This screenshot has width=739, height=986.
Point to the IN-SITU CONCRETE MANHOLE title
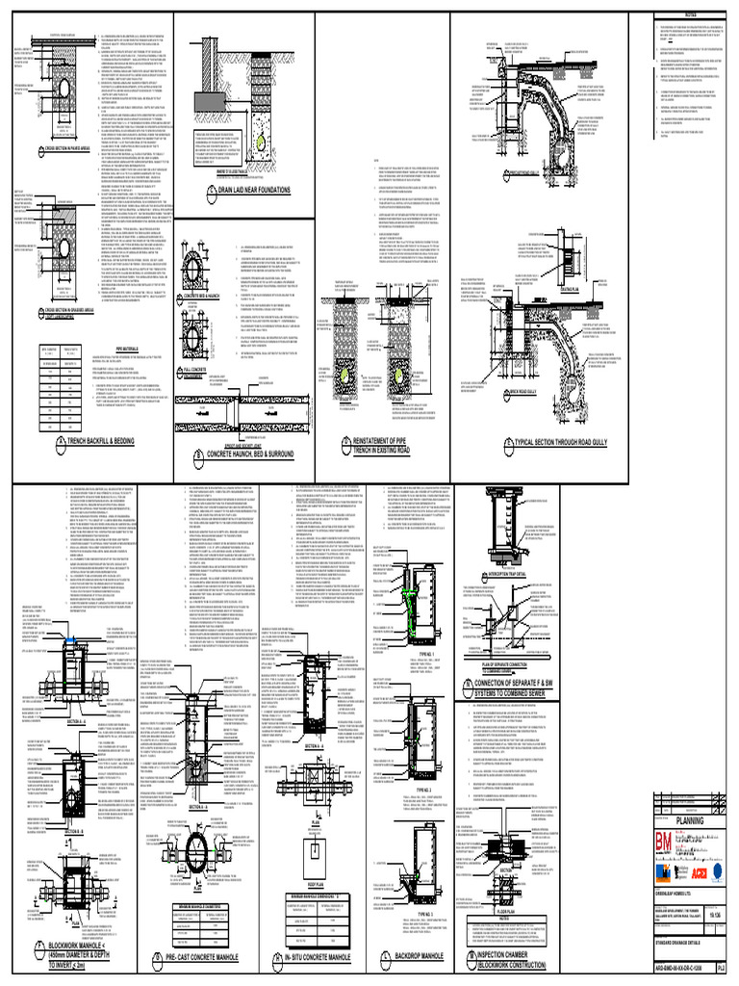click(350, 957)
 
